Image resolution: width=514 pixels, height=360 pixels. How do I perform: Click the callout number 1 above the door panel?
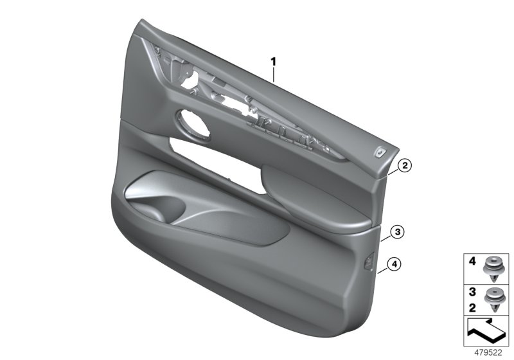[x=273, y=62]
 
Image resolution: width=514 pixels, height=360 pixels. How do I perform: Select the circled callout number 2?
[x=403, y=166]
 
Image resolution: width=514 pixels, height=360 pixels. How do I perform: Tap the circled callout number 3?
[x=398, y=231]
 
